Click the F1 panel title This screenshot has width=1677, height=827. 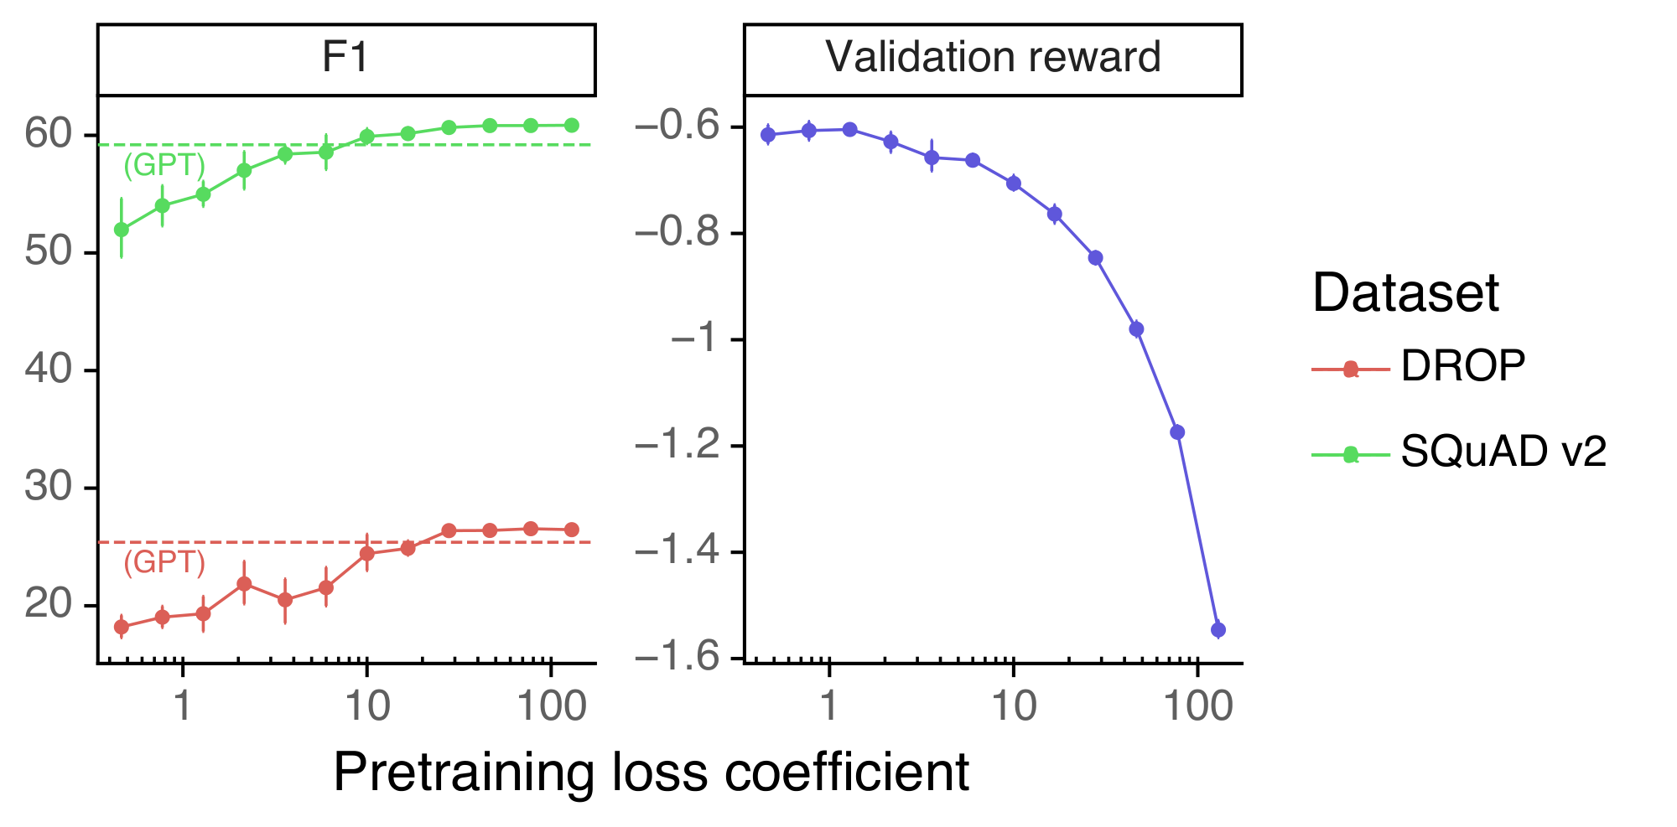tap(345, 59)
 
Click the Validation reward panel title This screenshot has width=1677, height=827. tap(993, 59)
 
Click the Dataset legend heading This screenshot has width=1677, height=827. tap(1405, 293)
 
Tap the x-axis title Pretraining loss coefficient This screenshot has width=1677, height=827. tap(651, 772)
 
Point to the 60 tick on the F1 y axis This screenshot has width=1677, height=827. tap(49, 134)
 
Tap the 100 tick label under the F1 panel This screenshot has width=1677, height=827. tap(551, 706)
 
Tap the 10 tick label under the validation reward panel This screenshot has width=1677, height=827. tap(1014, 706)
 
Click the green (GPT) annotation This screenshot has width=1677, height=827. tap(164, 166)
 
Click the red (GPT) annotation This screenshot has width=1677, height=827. tap(164, 562)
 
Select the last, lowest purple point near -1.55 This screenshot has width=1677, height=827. tap(1218, 629)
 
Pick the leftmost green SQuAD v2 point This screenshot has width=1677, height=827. tap(122, 229)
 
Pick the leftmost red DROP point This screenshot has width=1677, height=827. tap(122, 627)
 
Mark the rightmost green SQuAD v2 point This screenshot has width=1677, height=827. tap(571, 125)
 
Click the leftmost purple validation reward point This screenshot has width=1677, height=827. tap(768, 135)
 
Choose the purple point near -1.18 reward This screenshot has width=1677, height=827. tap(1177, 432)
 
